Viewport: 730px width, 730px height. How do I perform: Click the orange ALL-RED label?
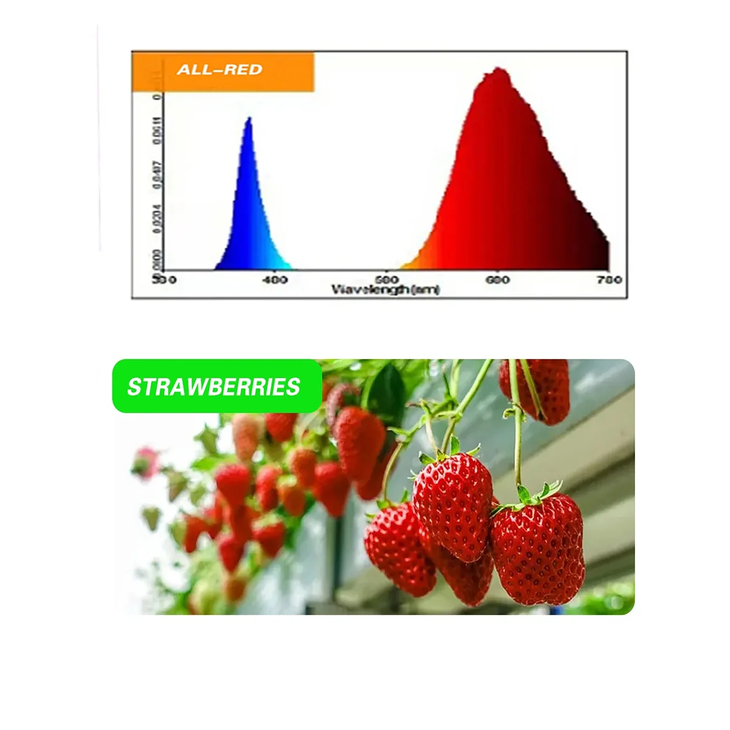[222, 71]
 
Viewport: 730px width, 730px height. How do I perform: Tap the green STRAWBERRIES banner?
[216, 387]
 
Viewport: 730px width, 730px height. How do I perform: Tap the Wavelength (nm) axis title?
[385, 290]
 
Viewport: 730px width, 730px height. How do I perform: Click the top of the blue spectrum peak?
[248, 119]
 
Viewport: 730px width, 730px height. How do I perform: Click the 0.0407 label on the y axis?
[158, 173]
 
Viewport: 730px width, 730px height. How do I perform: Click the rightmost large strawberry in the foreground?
[538, 551]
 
